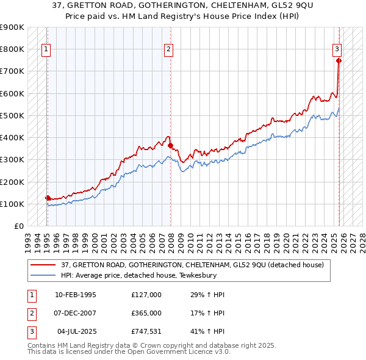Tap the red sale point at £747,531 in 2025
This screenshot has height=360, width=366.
(x=339, y=60)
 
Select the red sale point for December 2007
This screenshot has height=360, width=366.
(x=171, y=145)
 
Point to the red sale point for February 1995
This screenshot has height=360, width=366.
(x=48, y=198)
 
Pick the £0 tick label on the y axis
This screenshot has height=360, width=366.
(x=18, y=226)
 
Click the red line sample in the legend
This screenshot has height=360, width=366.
(x=43, y=265)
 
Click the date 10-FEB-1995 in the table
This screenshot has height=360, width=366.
(x=75, y=295)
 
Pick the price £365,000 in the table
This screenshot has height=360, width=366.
(x=146, y=313)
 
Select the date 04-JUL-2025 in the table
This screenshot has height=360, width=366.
(x=76, y=331)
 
